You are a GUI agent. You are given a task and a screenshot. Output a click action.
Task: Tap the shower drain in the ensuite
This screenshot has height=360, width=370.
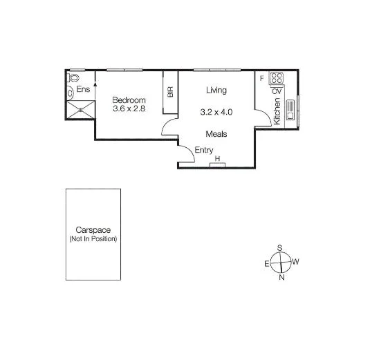click(x=81, y=108)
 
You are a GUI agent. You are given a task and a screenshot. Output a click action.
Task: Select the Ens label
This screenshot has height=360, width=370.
click(x=84, y=89)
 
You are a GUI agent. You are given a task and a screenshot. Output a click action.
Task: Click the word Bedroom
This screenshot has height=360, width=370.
click(x=129, y=99)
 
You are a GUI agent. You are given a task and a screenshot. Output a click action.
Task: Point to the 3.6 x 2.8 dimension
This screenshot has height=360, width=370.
click(x=130, y=108)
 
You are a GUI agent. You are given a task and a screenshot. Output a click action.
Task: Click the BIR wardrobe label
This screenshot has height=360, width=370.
click(x=170, y=91)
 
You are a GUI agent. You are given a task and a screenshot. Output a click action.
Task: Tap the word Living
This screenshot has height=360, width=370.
click(x=216, y=90)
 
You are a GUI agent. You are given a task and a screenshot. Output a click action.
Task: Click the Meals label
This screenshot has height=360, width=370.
click(x=216, y=134)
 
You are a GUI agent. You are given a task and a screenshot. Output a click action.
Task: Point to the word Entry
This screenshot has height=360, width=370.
click(x=204, y=151)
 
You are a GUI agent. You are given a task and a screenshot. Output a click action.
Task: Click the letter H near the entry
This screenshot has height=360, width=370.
click(x=218, y=160)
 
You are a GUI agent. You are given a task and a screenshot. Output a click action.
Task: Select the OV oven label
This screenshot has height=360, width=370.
click(x=276, y=91)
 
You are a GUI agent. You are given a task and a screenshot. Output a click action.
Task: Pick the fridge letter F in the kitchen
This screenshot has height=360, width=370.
click(x=261, y=78)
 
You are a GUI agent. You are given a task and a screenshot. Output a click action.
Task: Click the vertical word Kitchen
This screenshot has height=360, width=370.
click(x=277, y=111)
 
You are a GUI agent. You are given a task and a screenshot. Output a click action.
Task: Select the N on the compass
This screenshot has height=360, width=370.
click(x=281, y=278)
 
